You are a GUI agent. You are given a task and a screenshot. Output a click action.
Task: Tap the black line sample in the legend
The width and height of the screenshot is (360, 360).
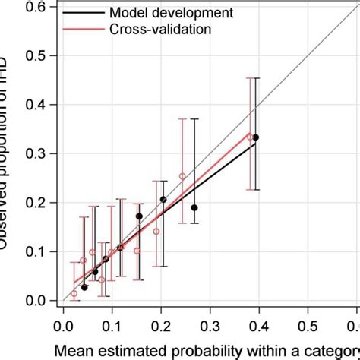[x=82, y=14]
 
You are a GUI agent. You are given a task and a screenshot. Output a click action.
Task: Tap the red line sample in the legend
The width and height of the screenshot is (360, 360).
[x=82, y=29]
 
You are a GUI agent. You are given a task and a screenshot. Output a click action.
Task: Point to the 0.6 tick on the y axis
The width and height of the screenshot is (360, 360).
[x=38, y=7]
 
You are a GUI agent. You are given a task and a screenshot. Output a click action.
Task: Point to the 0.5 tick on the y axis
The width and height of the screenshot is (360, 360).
[x=38, y=55]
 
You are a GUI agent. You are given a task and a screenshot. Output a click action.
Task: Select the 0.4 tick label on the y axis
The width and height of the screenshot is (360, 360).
[x=38, y=105]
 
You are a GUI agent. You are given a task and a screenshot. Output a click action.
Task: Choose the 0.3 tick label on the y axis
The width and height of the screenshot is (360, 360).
[x=38, y=153]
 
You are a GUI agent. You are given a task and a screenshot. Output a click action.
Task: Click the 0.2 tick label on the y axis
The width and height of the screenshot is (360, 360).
[x=38, y=203]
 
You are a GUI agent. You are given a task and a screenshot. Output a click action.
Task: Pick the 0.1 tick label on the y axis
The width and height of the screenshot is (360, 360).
[x=38, y=251]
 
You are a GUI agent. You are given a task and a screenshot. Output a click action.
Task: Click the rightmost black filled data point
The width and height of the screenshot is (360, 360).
[x=256, y=137]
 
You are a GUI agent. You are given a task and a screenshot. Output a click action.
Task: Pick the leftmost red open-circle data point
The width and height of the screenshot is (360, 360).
[x=74, y=293]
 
